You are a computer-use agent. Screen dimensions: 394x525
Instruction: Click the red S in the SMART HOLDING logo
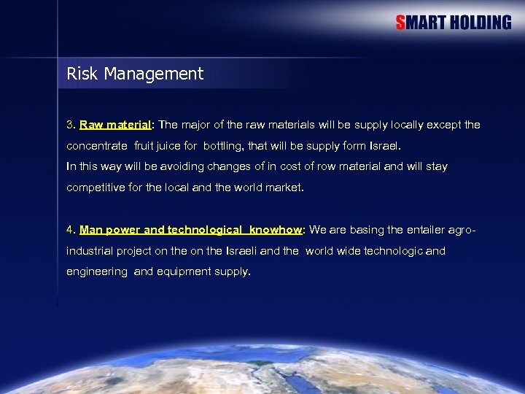click(x=401, y=23)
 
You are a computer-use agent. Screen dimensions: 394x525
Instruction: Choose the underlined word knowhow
click(x=275, y=230)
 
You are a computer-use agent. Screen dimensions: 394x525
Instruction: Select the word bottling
click(x=223, y=146)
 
